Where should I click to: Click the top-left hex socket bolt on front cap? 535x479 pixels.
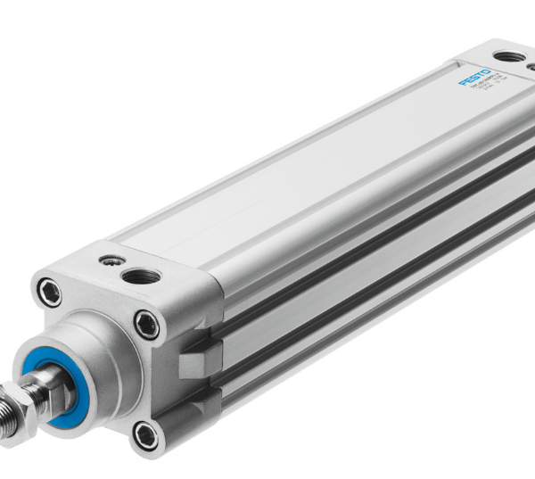pos(48,291)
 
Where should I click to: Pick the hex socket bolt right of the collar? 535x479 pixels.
pos(146,324)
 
